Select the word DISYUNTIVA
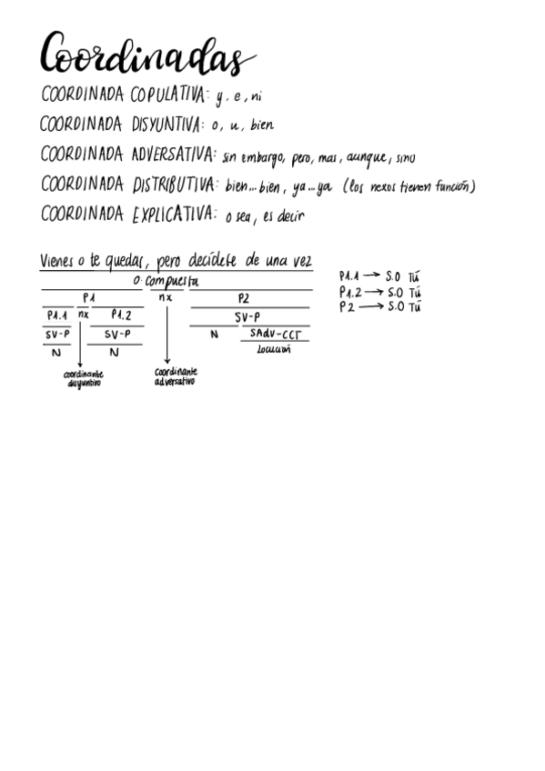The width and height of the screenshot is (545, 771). pos(170,125)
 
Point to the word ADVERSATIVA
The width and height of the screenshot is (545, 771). pos(173,155)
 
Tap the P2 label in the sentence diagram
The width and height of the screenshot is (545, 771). pos(244,297)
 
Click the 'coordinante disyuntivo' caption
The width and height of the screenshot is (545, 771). pos(84,378)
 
